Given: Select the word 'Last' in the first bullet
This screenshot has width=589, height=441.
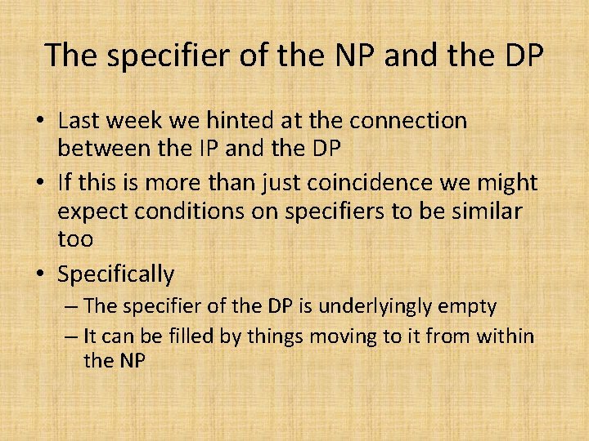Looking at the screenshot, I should [x=80, y=121].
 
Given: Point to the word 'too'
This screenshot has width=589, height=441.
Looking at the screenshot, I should [x=75, y=239].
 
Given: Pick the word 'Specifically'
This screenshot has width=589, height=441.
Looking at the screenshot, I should [x=115, y=274].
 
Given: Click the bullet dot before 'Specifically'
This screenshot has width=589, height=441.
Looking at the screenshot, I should [x=39, y=274].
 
